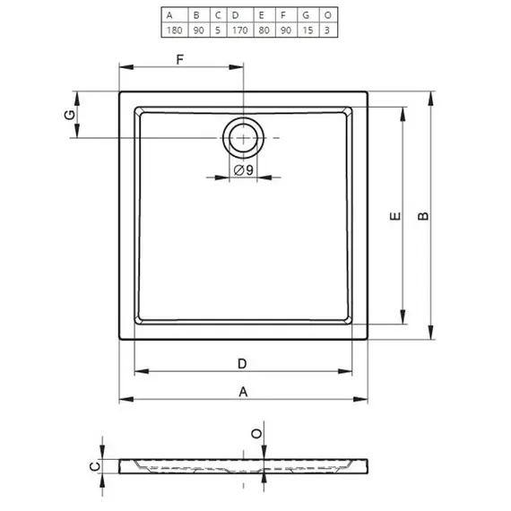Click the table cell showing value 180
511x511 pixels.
pyautogui.click(x=175, y=30)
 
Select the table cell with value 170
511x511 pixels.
pyautogui.click(x=240, y=30)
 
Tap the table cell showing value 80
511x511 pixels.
pyautogui.click(x=264, y=30)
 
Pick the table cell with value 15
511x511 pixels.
pyautogui.click(x=308, y=30)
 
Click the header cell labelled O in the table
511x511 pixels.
pyautogui.click(x=328, y=15)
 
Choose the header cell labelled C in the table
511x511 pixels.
pyautogui.click(x=219, y=15)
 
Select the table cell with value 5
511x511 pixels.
pyautogui.click(x=219, y=30)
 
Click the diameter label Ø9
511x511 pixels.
pyautogui.click(x=244, y=169)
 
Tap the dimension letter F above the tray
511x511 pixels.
pyautogui.click(x=180, y=60)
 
